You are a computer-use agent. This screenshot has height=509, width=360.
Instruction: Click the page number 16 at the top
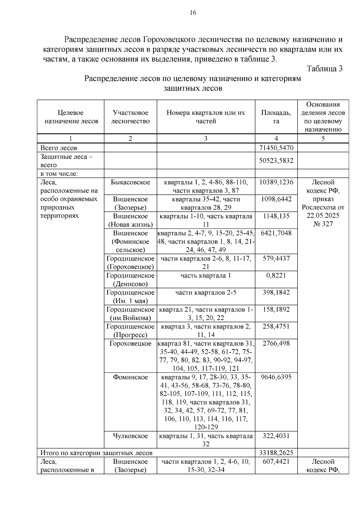[193, 13]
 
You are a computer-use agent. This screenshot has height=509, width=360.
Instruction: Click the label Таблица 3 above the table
[324, 69]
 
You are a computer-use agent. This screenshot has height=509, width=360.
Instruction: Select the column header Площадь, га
[276, 117]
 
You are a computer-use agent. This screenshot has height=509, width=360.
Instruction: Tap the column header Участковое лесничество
[130, 117]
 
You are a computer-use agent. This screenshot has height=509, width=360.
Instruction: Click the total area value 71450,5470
[276, 148]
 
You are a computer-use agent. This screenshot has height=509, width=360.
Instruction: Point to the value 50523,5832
[276, 160]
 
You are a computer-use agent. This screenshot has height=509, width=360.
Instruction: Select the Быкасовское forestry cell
[130, 182]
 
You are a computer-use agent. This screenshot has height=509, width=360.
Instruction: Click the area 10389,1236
[276, 182]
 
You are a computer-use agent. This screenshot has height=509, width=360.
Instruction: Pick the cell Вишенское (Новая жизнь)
[130, 220]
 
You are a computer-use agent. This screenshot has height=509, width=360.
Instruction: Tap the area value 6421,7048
[276, 233]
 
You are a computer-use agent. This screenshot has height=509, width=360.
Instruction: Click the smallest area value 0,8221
[276, 275]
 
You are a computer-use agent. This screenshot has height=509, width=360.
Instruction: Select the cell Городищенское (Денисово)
[130, 280]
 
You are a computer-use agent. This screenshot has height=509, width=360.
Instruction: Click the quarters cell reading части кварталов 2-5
[206, 292]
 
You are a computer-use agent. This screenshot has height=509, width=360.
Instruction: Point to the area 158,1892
[276, 310]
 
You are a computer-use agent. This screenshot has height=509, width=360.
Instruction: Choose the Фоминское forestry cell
[130, 377]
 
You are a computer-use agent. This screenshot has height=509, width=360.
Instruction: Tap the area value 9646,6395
[276, 377]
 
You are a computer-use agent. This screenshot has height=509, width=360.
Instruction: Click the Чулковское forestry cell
[130, 436]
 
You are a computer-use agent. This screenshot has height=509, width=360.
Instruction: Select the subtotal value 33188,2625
[276, 453]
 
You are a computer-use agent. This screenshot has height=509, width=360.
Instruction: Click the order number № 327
[323, 224]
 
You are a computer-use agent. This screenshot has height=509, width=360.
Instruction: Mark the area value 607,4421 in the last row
[276, 462]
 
